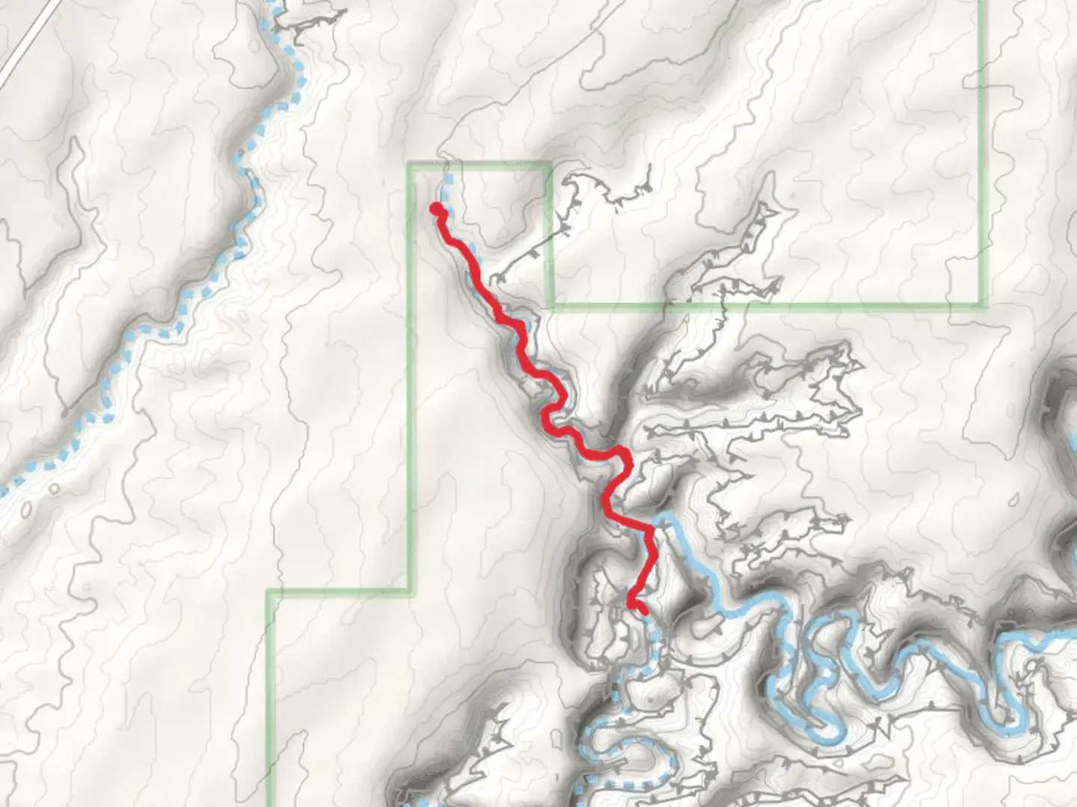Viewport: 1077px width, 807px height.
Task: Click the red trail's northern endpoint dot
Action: pyautogui.click(x=435, y=209)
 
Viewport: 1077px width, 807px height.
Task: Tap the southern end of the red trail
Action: pyautogui.click(x=643, y=611)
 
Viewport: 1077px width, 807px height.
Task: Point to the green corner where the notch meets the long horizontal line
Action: pyautogui.click(x=551, y=305)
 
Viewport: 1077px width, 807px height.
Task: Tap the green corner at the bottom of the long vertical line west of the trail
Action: pyautogui.click(x=410, y=592)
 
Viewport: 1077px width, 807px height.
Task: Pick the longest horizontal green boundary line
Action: pyautogui.click(x=763, y=305)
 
